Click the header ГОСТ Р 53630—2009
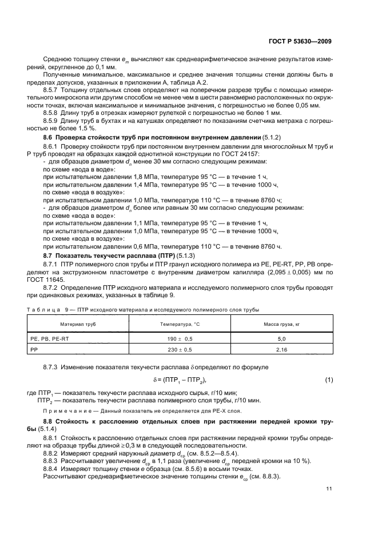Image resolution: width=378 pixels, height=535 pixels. point(301,41)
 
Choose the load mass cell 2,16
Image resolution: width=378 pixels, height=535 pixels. point(281,350)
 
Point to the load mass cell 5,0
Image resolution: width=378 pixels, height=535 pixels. point(281,339)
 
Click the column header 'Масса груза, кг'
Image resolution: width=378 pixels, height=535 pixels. point(281,324)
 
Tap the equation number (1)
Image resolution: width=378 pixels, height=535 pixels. point(329,380)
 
